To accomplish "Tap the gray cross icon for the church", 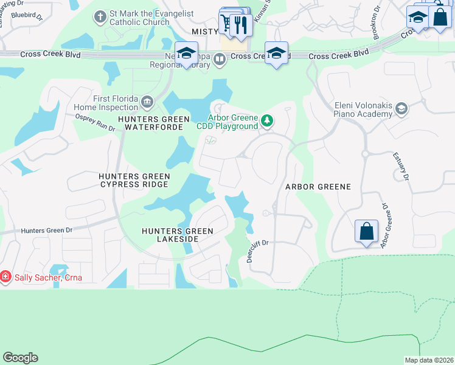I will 101,16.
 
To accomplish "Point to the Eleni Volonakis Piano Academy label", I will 363,109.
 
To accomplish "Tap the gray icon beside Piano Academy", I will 401,109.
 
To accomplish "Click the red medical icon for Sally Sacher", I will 5,277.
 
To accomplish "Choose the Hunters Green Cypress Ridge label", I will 134,180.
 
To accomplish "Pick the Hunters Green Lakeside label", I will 178,235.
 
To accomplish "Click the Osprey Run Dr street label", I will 95,122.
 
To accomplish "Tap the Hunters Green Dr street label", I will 46,231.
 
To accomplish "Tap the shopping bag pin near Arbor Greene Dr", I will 366,232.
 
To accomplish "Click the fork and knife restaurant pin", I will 241,25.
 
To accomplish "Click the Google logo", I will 20,358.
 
